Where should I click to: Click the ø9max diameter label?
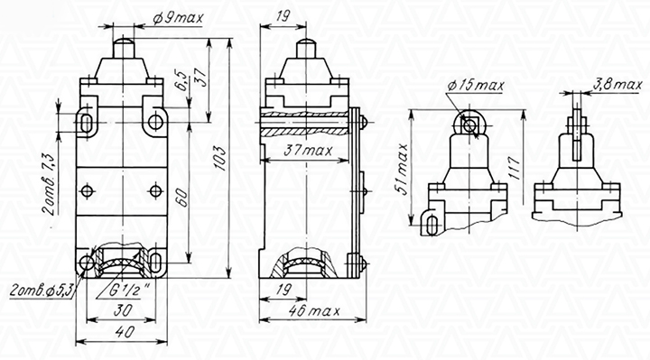point(178,18)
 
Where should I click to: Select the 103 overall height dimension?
point(221,158)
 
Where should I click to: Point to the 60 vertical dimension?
point(182,198)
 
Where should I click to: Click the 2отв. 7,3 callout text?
point(48,183)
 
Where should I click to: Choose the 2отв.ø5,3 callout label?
point(41,291)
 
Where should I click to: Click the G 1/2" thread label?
point(126,291)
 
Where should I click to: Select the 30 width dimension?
point(123,309)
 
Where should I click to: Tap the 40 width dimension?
point(124,331)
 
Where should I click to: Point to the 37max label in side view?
point(308,151)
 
